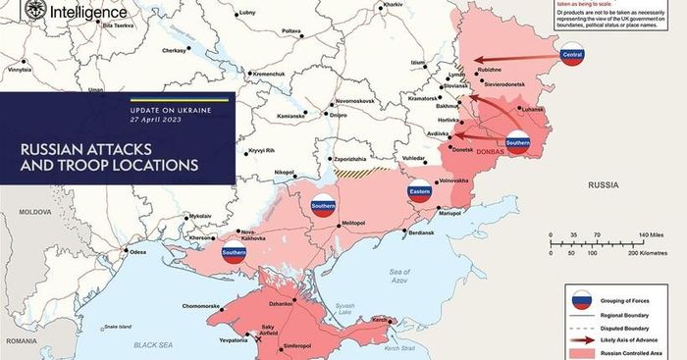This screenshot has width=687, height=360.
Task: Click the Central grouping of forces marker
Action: [572, 55]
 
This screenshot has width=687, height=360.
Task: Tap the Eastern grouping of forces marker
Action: [419, 191]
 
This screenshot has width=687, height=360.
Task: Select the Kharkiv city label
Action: [393, 5]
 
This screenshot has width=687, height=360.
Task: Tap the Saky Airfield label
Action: [272, 332]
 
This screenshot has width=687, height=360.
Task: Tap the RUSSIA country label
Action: [602, 184]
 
